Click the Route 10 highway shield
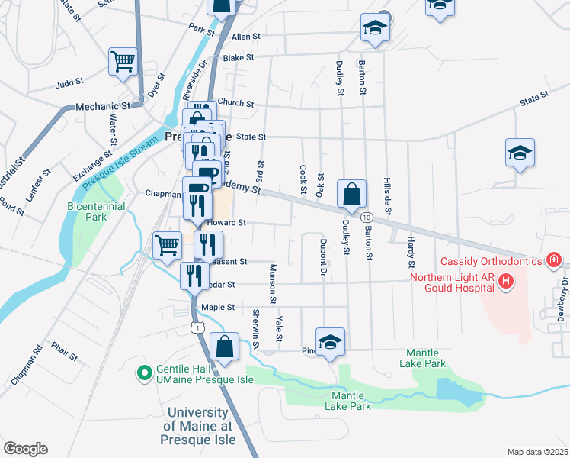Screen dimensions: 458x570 pos(367,219)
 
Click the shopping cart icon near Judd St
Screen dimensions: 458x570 pos(123,62)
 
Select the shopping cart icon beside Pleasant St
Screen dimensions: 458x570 pos(167,245)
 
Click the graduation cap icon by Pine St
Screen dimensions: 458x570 pos(330,342)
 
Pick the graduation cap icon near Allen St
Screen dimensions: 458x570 pos(374,27)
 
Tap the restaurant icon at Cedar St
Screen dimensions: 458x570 pos(194,276)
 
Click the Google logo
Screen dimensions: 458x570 pos(25,449)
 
